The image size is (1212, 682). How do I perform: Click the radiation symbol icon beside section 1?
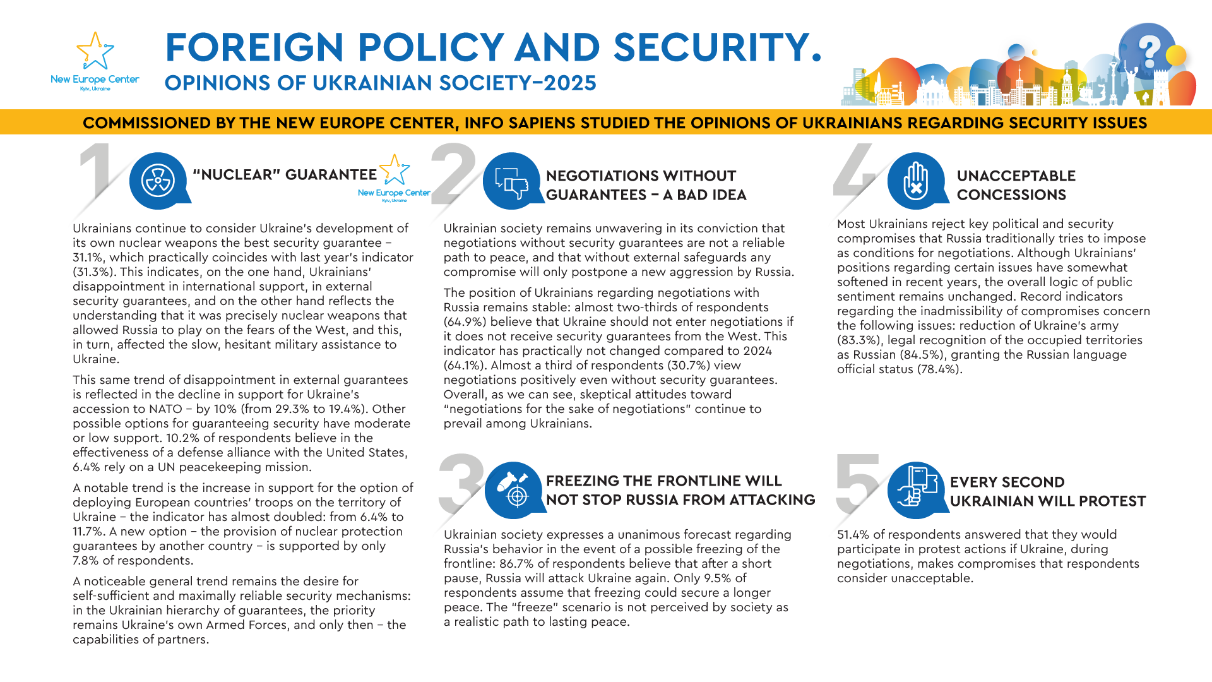[158, 181]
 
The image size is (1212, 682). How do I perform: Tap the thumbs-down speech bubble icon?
[511, 182]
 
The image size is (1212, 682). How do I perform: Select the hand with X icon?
[915, 181]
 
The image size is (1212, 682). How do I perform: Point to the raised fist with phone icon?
[915, 489]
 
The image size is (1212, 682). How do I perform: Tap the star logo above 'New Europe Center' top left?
[95, 51]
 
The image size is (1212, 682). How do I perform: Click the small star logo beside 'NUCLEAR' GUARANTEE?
[395, 170]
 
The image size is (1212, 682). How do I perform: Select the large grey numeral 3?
[461, 483]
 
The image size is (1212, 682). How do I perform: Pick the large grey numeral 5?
[857, 483]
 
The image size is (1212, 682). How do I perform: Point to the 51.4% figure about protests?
[853, 535]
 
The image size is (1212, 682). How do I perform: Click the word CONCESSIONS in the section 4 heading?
[1011, 195]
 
